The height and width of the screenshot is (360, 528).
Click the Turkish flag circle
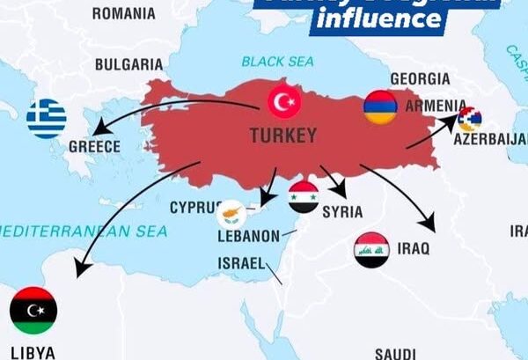[x=284, y=103]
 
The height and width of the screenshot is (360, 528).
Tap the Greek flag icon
[x=47, y=119]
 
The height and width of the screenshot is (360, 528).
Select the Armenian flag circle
[x=380, y=107]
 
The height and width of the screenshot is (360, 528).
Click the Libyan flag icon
[x=33, y=310]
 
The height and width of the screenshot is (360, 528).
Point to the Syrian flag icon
[x=304, y=197]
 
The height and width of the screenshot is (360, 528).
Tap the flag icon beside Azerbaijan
[x=470, y=119]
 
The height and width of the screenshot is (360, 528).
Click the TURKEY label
[x=283, y=136]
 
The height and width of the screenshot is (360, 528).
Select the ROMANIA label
[x=123, y=13]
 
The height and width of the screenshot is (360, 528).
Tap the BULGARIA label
[x=128, y=64]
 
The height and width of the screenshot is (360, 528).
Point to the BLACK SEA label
[x=276, y=62]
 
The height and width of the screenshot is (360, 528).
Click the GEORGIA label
[x=419, y=77]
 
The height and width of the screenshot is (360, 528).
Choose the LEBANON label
[x=247, y=236]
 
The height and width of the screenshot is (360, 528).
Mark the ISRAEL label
[x=240, y=263]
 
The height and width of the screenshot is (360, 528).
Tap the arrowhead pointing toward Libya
[x=80, y=270]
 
